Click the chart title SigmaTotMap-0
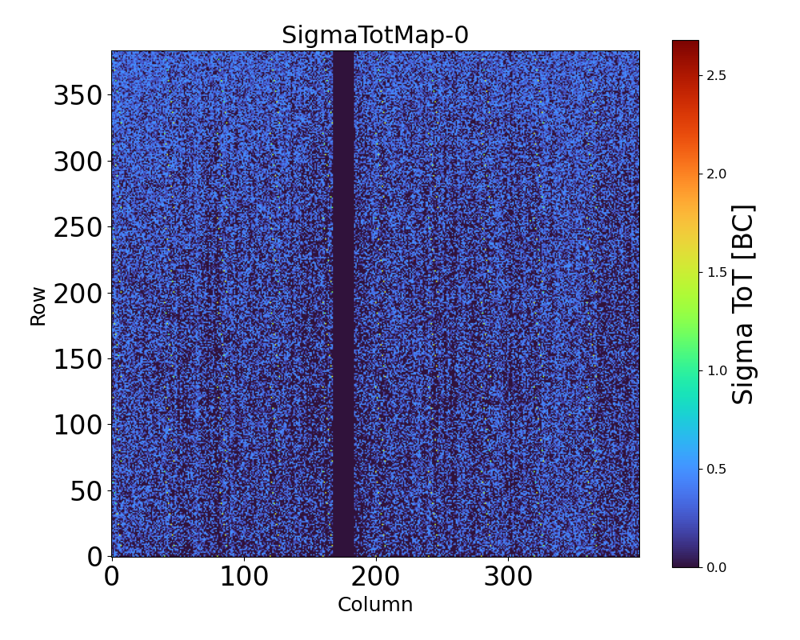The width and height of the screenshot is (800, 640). pos(375,35)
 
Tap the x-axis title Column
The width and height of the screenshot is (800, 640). pos(375,605)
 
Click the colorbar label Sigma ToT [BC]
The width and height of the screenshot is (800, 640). pos(743,304)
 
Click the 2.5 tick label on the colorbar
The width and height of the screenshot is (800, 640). pos(716,75)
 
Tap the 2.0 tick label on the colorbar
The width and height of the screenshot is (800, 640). pos(716,174)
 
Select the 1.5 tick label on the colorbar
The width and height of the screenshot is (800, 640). pos(716,272)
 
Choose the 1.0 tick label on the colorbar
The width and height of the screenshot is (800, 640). pos(716,370)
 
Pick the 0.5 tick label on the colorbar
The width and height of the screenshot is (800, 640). pos(716,469)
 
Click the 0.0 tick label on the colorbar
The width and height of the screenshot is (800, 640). pos(716,567)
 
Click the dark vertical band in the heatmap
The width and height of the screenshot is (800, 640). pos(343,304)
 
